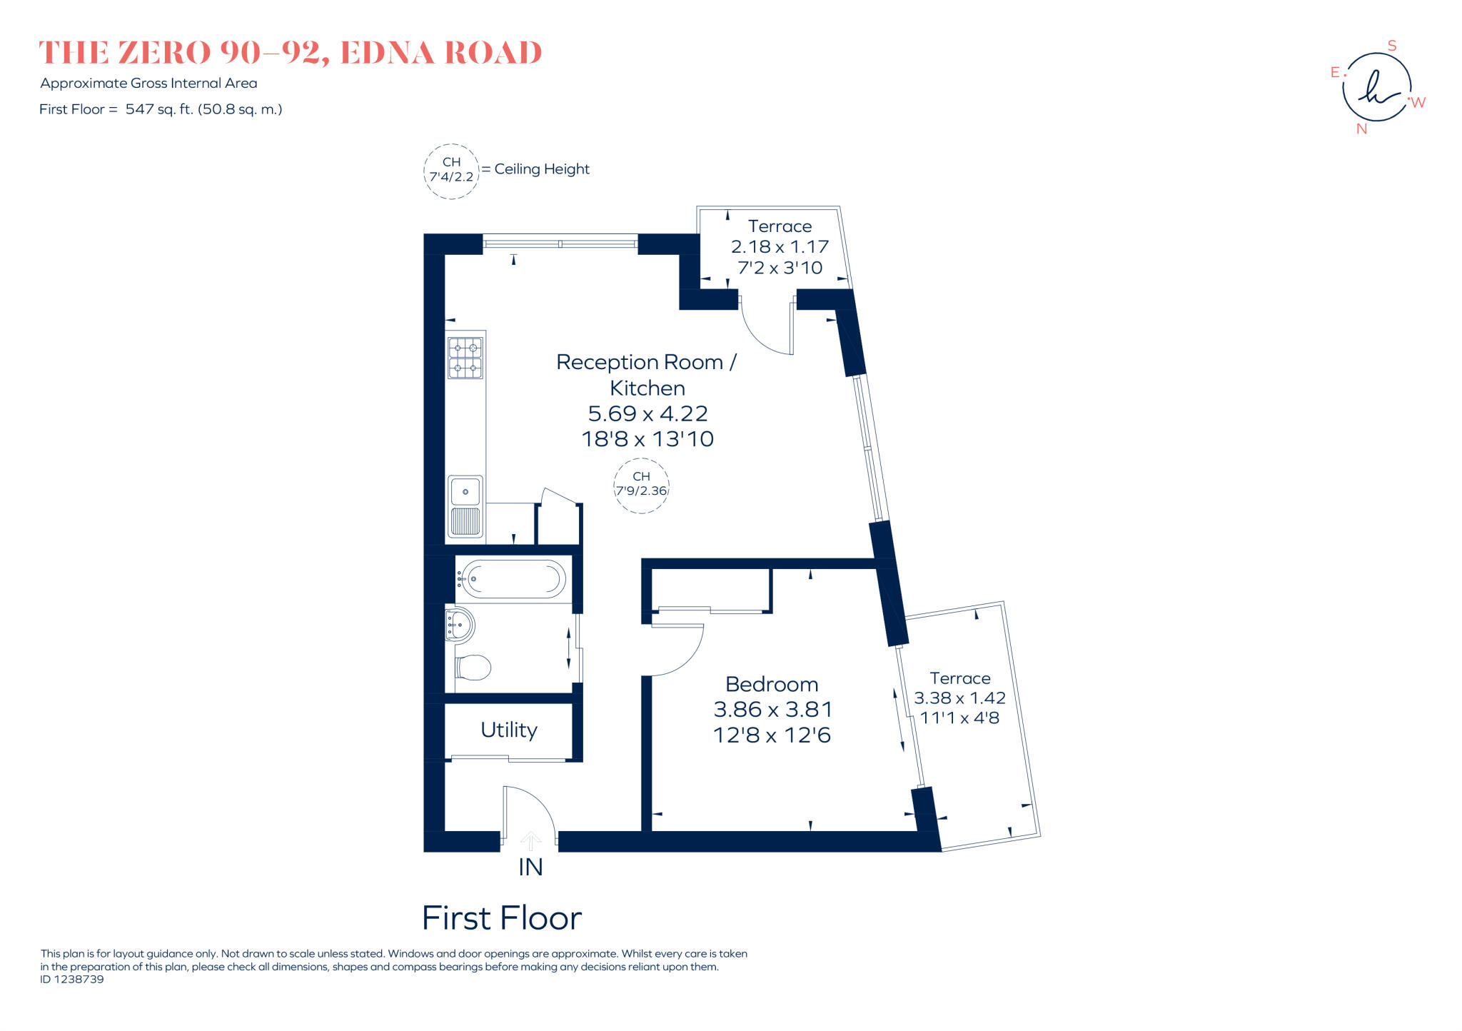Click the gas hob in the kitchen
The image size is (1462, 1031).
click(465, 358)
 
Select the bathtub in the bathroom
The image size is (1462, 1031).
click(512, 578)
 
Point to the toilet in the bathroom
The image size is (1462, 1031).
click(473, 668)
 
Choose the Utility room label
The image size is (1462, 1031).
click(508, 730)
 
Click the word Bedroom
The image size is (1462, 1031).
click(772, 684)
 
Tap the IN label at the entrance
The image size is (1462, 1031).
click(530, 867)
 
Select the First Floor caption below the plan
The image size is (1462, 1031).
click(502, 918)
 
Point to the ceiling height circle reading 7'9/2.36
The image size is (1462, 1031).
click(641, 486)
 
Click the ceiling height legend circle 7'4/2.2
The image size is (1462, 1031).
click(451, 171)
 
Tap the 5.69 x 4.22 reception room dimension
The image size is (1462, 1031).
click(647, 413)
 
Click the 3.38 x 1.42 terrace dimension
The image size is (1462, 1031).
click(959, 698)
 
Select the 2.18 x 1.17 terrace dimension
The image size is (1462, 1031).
click(780, 246)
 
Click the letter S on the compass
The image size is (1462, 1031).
click(1391, 46)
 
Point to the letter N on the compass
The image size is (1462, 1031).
click(1361, 129)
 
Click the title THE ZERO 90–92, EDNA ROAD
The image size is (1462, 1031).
click(291, 53)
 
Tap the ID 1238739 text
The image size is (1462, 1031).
click(72, 980)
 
